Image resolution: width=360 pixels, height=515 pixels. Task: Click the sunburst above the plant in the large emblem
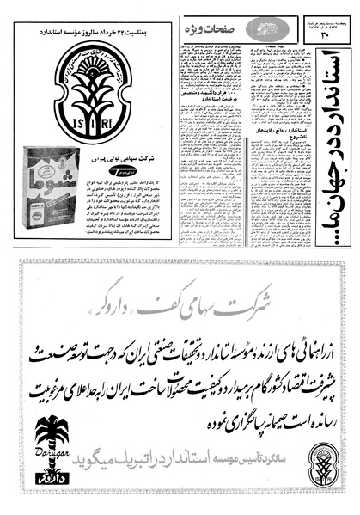[x=87, y=60]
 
